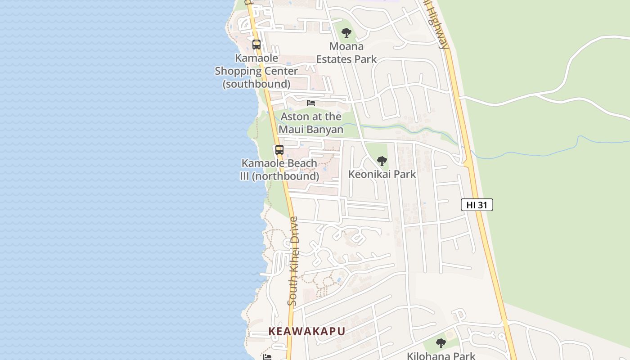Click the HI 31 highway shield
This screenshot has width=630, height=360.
coord(477,205)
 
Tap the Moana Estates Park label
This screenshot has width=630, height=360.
coord(346,53)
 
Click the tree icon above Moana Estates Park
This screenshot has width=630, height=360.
coord(346,33)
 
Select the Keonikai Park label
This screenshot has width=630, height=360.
coord(382,174)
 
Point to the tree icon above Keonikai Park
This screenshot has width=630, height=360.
coord(382,161)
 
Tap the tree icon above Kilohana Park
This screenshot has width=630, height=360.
coord(441,343)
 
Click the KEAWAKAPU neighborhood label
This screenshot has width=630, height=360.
coord(307,332)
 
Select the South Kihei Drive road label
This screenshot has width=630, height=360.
coord(293,261)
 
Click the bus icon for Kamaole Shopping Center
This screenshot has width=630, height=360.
coord(256,45)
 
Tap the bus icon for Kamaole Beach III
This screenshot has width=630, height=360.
coord(279,150)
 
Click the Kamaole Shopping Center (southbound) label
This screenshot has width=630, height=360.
coord(256,71)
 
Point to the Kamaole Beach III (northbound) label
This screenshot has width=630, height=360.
coord(279,170)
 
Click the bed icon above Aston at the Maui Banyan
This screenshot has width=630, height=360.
coord(311,103)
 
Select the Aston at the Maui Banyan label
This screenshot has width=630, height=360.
coord(311,123)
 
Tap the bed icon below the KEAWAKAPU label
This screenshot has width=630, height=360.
coord(267,357)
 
